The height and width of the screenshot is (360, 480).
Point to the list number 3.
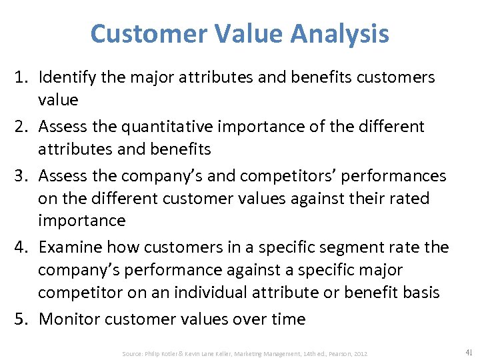(x=23, y=175)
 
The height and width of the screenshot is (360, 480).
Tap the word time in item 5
(x=287, y=319)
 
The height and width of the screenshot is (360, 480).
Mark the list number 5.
(x=23, y=319)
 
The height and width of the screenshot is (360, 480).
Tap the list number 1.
(x=23, y=77)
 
